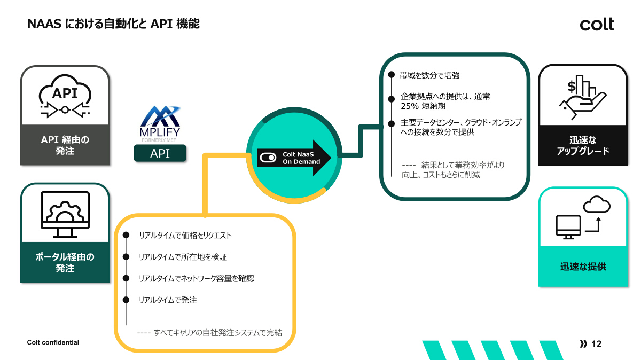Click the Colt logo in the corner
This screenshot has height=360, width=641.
pos(597,24)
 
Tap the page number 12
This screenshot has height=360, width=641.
pos(597,344)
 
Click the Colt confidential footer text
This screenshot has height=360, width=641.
pos(53,342)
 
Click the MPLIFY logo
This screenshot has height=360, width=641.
pos(160,123)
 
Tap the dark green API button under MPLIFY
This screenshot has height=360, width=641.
pos(160,154)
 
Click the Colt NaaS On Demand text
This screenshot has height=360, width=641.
pos(301,158)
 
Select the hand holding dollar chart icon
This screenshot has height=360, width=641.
pos(582,97)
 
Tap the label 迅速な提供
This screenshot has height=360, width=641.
pos(583,267)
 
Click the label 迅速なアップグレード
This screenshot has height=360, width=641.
pos(583,145)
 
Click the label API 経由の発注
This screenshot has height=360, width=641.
pos(65,145)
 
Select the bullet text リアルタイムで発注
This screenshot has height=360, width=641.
pos(168,300)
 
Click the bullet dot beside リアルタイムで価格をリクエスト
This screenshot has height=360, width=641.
pos(126,235)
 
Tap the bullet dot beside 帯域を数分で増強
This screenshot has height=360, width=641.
pos(392,75)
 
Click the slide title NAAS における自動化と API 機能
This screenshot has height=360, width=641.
pos(113,24)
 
